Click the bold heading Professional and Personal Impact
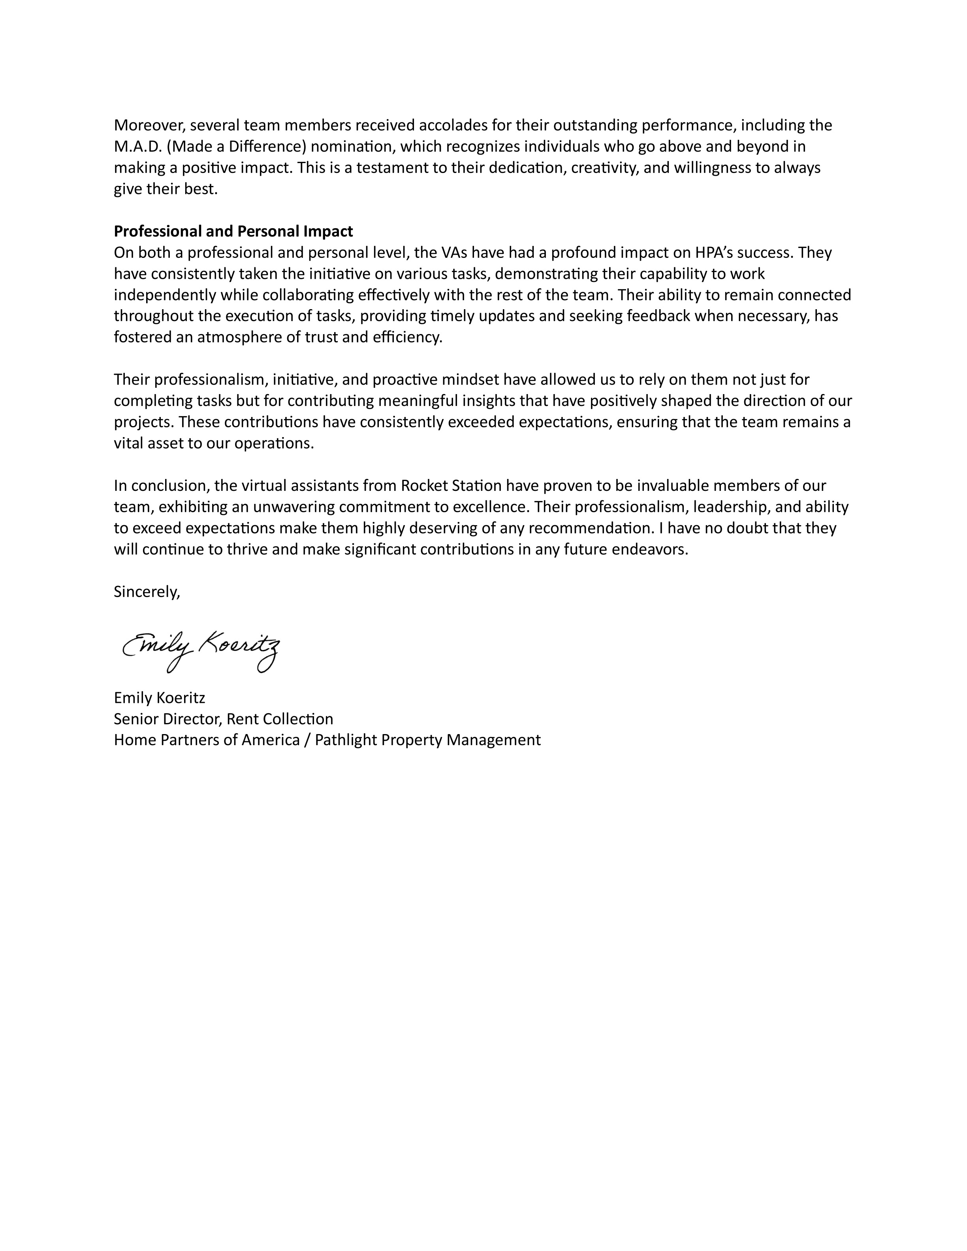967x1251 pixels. tap(233, 231)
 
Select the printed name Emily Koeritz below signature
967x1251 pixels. tap(159, 698)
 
